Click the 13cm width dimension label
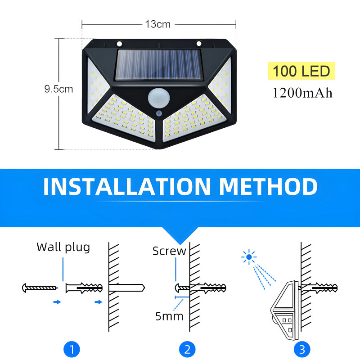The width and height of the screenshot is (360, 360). click(x=157, y=24)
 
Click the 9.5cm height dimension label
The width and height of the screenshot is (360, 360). click(x=58, y=89)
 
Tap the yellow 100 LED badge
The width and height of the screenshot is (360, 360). click(x=301, y=71)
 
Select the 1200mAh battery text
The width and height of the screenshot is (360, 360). click(x=302, y=93)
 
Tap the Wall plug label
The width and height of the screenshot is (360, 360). click(x=63, y=247)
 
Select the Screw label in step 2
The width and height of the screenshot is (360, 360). click(x=169, y=251)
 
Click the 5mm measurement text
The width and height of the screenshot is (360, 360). click(x=169, y=316)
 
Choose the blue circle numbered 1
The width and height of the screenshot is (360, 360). click(x=72, y=349)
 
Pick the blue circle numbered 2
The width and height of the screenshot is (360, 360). click(x=187, y=349)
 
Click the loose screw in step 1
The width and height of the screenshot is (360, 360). click(x=40, y=287)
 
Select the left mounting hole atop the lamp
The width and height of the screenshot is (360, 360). click(x=119, y=44)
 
